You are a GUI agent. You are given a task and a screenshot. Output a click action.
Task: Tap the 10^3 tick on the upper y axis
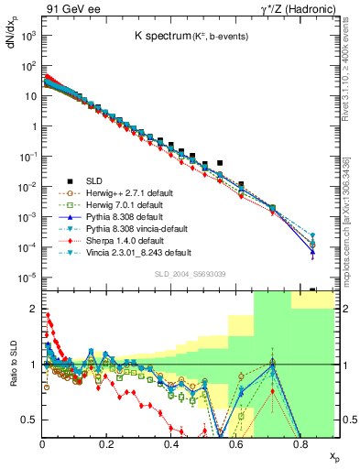(28, 36)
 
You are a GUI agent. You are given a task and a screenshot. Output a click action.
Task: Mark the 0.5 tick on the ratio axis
(31, 420)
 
